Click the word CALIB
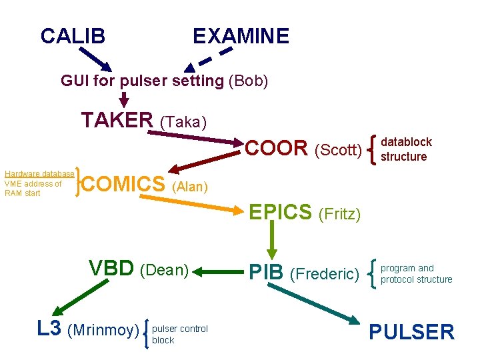(73, 36)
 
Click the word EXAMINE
(241, 36)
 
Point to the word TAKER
(117, 120)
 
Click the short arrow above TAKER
(123, 99)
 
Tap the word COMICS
(126, 183)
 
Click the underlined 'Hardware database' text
(39, 174)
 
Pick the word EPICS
(280, 212)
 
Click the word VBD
(111, 268)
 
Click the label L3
(50, 328)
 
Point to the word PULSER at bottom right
(411, 331)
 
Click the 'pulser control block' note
(180, 334)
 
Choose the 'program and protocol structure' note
(416, 274)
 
